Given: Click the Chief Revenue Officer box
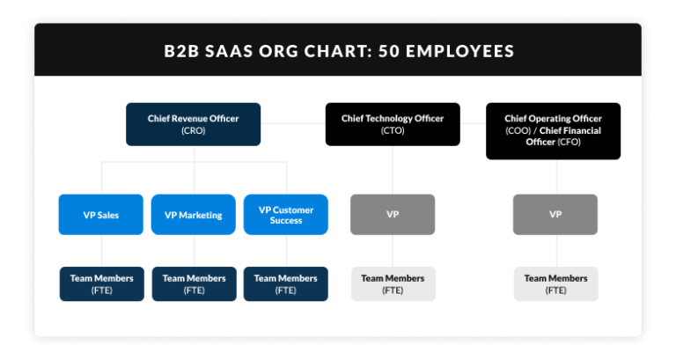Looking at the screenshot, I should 193,124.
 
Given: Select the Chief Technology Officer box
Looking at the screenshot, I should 393,124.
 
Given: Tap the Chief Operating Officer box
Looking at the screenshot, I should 553,130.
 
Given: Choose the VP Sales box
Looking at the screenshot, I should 100,215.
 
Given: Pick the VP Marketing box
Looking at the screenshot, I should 193,215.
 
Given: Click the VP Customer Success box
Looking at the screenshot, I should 286,215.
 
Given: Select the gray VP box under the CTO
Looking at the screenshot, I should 393,215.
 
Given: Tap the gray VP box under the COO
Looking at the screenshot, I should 555,215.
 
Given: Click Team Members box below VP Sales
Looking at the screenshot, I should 101,283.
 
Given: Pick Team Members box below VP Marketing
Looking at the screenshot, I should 194,283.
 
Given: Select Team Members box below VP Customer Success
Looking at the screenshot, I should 286,283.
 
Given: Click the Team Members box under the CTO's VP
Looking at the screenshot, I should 393,283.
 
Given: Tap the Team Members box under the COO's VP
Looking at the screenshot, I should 556,283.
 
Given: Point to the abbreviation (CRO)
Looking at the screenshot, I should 193,130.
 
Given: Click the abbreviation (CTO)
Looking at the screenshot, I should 393,130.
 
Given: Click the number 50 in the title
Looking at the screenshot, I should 389,50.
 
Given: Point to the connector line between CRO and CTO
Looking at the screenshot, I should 293,124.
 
